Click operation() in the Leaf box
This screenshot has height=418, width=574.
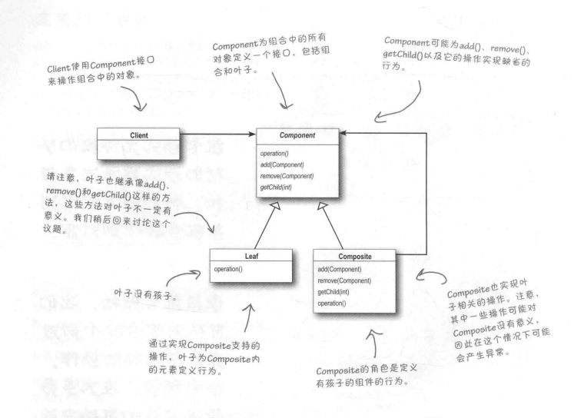[x=231, y=269]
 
